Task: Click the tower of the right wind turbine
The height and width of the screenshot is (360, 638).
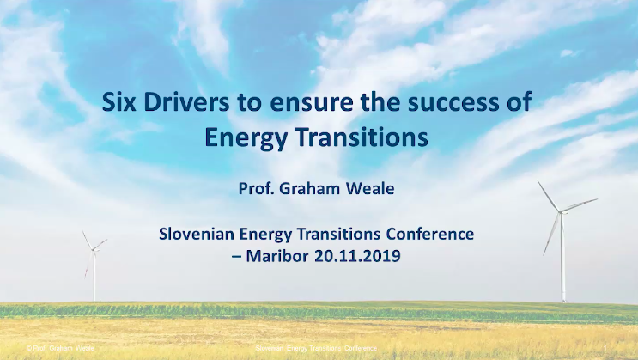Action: point(562,258)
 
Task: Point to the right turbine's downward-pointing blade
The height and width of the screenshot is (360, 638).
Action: point(551,234)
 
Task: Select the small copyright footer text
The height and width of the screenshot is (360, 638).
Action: point(60,348)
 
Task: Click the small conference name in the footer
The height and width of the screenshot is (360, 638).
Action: point(316,348)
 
